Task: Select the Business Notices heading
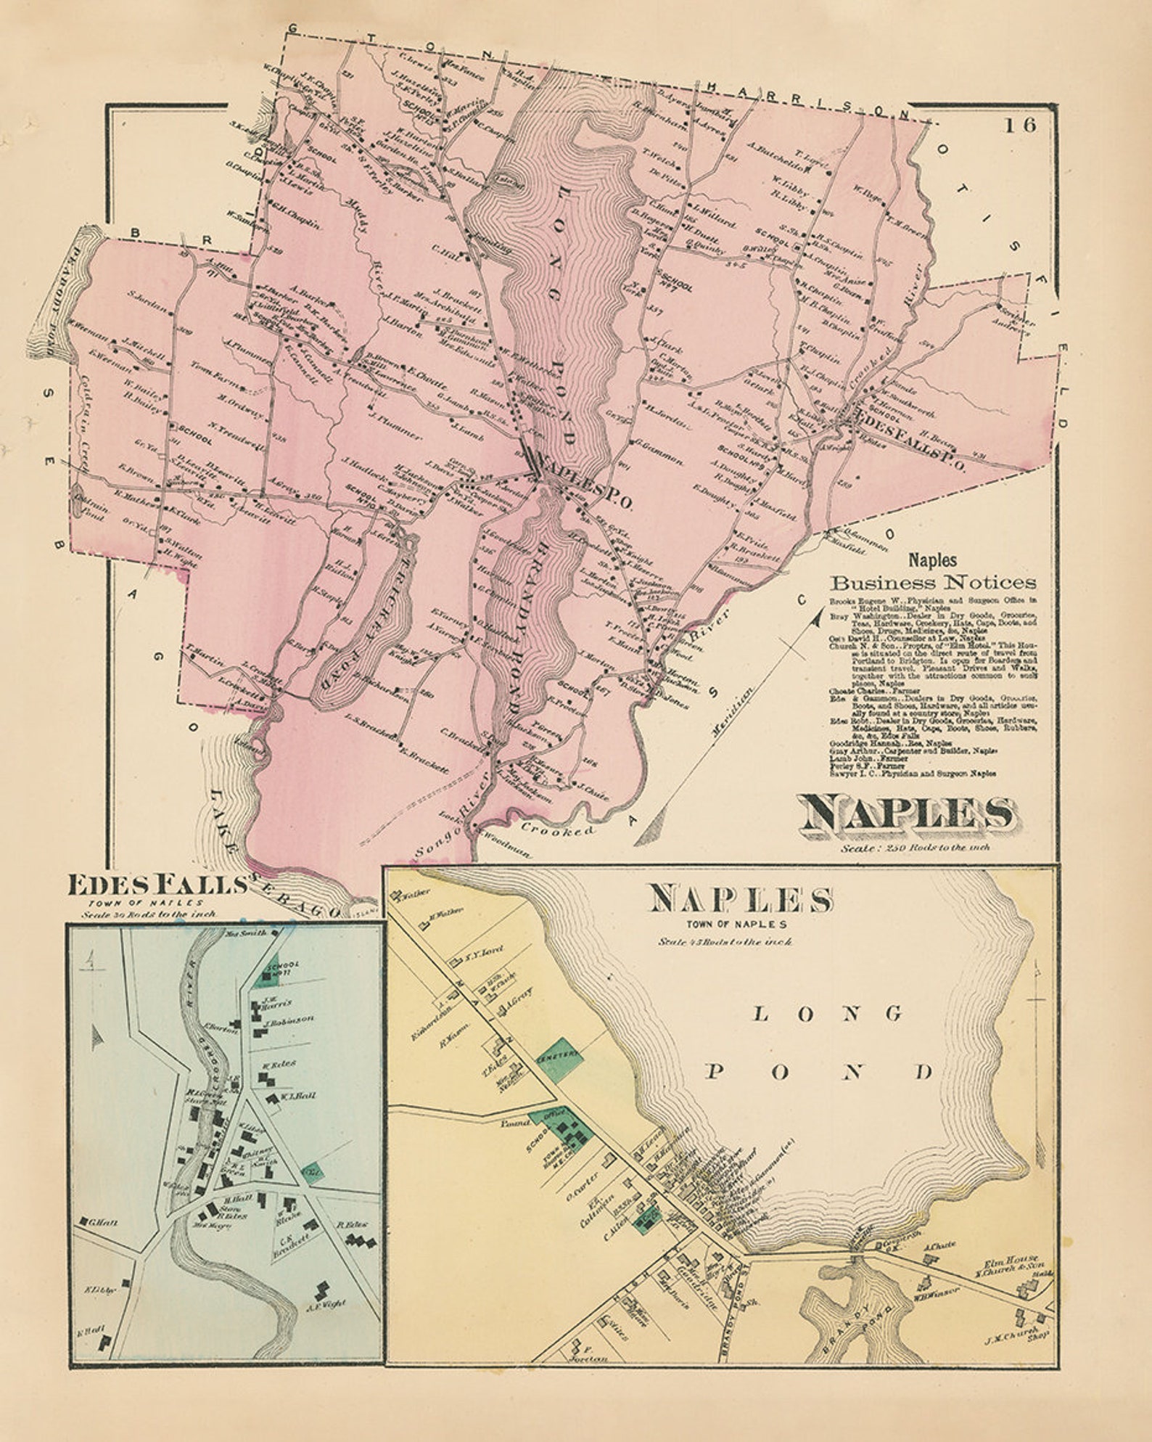tap(934, 582)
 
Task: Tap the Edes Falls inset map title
tap(155, 885)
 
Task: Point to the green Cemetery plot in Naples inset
tap(560, 1056)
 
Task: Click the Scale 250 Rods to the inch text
tap(916, 847)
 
